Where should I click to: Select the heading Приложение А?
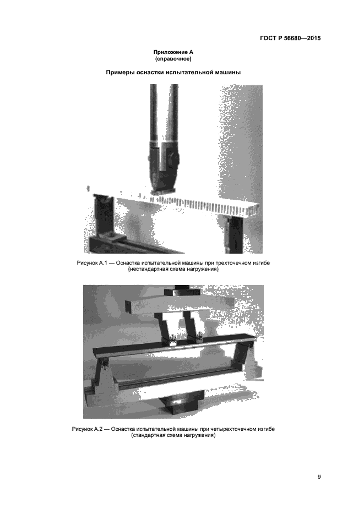point(173,53)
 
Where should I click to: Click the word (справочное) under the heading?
point(173,59)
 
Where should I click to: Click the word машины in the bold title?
point(229,72)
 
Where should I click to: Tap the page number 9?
point(319,477)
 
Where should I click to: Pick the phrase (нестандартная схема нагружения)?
point(173,269)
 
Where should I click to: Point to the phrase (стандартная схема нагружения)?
point(173,436)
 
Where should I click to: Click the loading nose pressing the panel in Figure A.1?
point(163,171)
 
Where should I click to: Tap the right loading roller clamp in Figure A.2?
point(199,338)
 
